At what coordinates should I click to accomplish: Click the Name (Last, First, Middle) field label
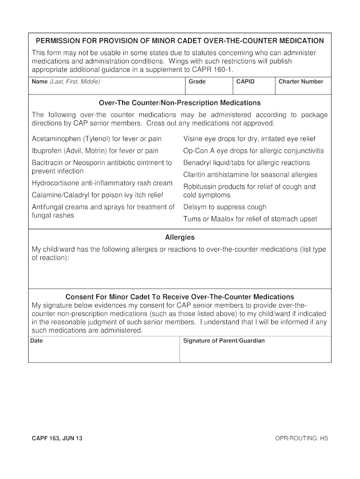click(65, 82)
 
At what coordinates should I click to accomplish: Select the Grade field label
click(197, 82)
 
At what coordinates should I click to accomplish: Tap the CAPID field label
click(245, 82)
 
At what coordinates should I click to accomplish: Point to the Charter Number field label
click(301, 82)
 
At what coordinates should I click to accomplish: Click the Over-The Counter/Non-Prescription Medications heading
click(180, 103)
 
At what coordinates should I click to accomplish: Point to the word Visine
click(193, 139)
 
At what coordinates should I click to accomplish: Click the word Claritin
click(196, 175)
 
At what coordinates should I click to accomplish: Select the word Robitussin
click(201, 187)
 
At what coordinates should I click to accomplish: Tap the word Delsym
click(194, 207)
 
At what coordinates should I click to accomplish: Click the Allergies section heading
click(180, 238)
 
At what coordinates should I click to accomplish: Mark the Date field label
click(36, 341)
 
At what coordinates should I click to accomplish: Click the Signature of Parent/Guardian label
click(223, 341)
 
